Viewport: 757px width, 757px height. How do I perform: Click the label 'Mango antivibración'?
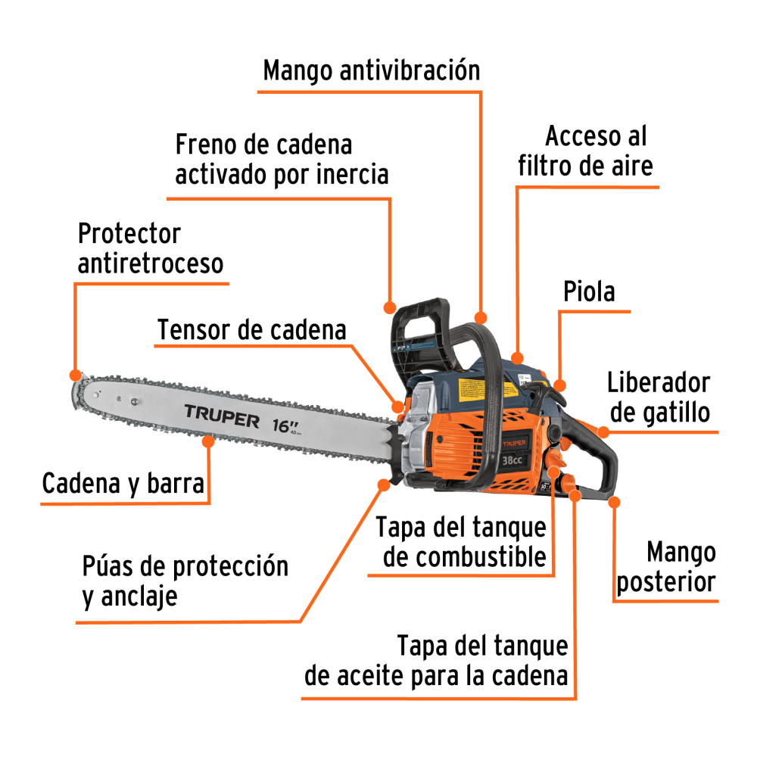[x=371, y=71]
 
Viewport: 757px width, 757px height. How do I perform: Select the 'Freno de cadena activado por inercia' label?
[x=282, y=159]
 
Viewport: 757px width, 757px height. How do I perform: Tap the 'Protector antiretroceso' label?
[x=151, y=248]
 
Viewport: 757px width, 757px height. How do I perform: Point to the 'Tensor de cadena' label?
[x=251, y=330]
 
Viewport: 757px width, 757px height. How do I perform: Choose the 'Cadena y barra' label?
[x=123, y=484]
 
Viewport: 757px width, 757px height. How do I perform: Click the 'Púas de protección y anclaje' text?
[x=185, y=581]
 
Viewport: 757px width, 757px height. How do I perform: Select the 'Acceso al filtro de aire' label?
[x=586, y=151]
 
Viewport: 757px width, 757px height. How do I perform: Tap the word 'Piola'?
[x=589, y=291]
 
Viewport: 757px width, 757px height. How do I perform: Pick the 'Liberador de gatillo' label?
[x=659, y=397]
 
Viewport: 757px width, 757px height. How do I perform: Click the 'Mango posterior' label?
[x=666, y=567]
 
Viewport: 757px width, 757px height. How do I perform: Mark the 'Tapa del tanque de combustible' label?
[x=461, y=541]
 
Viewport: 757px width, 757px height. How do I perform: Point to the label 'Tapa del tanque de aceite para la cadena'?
[x=437, y=660]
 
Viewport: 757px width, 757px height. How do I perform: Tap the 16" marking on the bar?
[x=284, y=425]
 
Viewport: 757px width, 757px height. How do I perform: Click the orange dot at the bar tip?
[x=74, y=375]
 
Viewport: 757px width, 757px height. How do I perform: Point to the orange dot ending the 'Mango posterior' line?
[x=614, y=501]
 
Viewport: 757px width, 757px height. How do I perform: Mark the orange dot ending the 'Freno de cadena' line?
[x=390, y=308]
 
